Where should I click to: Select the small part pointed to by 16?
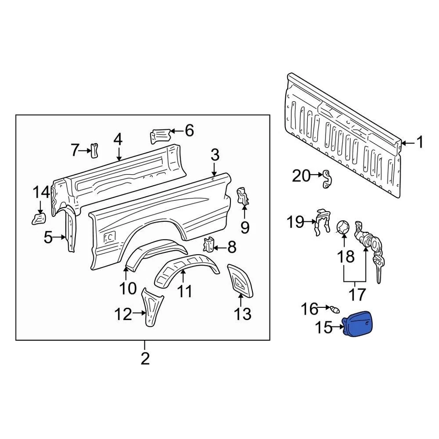pos(337,310)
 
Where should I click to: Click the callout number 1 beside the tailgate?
pos(418,143)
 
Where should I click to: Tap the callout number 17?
pos(358,294)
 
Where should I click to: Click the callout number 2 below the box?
pos(145,359)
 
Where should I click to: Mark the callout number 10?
pos(128,288)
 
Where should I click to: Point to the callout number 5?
pos(48,237)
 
